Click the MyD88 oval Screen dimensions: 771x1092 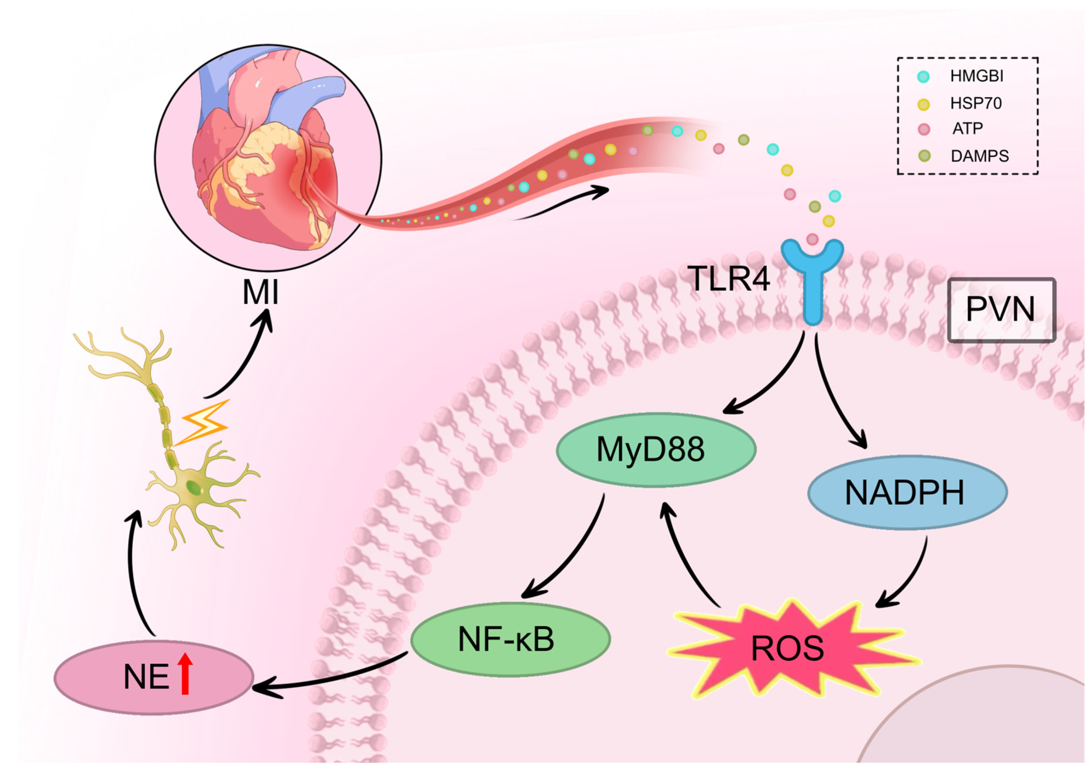[x=656, y=449]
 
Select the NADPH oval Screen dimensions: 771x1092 [x=907, y=492]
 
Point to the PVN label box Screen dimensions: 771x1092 [x=1002, y=309]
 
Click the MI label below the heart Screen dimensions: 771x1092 [x=260, y=292]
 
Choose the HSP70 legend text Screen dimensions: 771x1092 [x=976, y=103]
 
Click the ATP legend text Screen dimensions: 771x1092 [x=967, y=128]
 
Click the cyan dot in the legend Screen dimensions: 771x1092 [x=923, y=77]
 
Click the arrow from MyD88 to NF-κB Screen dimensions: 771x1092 [x=571, y=552]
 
